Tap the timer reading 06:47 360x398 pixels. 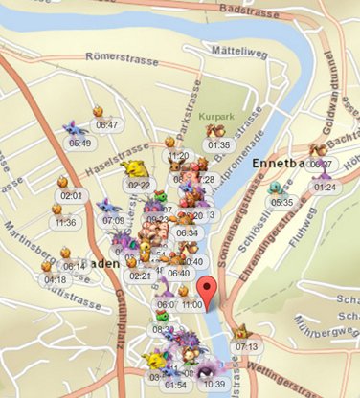(106, 124)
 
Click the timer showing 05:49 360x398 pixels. (79, 144)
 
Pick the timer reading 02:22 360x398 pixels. (140, 185)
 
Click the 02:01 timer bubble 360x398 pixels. (73, 195)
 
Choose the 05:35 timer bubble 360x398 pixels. (282, 202)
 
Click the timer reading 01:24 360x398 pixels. (325, 188)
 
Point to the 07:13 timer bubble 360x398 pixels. (246, 346)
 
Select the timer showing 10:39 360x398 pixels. (214, 384)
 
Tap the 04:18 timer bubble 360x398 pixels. (55, 279)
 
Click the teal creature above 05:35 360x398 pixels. (277, 188)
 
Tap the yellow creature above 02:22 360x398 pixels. (134, 168)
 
